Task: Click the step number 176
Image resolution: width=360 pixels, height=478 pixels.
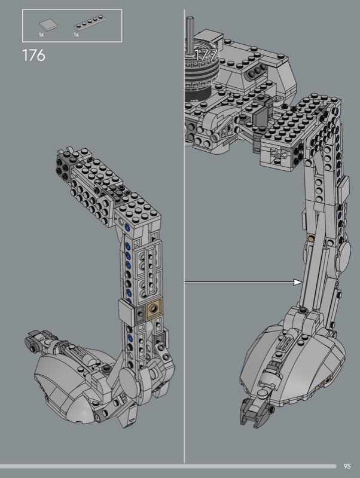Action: tap(33, 56)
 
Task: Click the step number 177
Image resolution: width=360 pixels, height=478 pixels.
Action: tap(206, 55)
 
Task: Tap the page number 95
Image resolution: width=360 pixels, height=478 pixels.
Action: tap(347, 466)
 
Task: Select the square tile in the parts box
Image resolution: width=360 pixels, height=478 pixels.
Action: tap(48, 24)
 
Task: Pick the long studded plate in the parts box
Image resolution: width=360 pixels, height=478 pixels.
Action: tap(89, 23)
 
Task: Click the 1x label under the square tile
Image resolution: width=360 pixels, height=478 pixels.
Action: tap(41, 35)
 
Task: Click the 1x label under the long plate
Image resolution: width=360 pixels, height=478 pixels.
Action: tap(76, 35)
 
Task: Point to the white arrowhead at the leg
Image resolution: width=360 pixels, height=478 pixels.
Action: tap(298, 282)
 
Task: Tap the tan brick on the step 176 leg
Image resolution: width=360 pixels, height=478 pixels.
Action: tap(154, 309)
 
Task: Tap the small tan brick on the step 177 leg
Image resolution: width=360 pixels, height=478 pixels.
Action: tap(310, 237)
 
